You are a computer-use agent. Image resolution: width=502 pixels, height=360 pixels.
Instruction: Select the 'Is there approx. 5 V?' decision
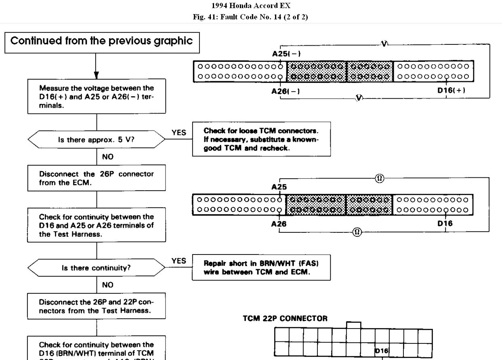[97, 140]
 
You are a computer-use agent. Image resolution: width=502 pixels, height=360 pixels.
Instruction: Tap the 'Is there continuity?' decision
[97, 268]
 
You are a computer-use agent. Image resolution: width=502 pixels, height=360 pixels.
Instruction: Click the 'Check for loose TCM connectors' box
[262, 139]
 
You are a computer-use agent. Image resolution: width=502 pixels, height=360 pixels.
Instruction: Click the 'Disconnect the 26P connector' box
[97, 178]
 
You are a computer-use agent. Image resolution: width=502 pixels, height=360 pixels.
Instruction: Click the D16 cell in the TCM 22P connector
[382, 351]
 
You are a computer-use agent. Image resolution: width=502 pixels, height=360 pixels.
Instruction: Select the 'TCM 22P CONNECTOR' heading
[285, 318]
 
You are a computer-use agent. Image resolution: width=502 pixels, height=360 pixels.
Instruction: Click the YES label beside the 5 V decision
[179, 133]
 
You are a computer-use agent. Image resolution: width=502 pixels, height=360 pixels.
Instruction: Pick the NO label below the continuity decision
[108, 285]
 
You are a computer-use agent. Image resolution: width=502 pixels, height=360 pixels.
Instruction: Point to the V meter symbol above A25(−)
[384, 44]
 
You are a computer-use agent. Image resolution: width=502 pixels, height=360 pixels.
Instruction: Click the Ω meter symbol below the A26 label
[357, 232]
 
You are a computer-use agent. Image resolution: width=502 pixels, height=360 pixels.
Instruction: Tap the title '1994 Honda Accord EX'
[250, 6]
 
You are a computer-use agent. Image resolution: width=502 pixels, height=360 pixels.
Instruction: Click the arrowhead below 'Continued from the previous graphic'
[96, 75]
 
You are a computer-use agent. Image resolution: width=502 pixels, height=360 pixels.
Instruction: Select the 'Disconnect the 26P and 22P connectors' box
[97, 306]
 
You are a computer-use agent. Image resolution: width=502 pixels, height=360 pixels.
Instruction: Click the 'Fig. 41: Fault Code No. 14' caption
[250, 17]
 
